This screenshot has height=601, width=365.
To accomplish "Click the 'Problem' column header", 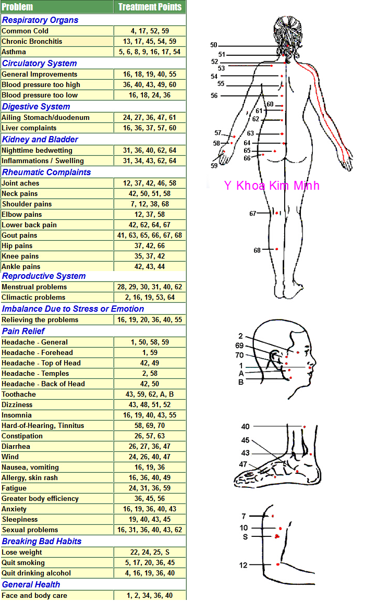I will (x=17, y=7).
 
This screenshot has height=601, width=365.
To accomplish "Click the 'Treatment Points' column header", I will (x=150, y=7).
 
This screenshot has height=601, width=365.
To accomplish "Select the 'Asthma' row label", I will (x=14, y=52).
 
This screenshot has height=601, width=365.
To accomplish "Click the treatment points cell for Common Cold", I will (x=150, y=31).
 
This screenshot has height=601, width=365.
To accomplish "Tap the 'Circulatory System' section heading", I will (x=39, y=63).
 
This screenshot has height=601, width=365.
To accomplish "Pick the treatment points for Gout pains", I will (x=150, y=235).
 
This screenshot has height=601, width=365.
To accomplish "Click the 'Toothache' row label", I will (x=19, y=394).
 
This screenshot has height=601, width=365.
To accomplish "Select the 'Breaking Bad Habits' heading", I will (x=42, y=541).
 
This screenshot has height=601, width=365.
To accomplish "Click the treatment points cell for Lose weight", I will (x=150, y=552).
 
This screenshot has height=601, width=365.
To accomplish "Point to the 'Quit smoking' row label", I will (x=23, y=562).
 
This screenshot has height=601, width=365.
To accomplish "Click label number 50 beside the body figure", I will (x=214, y=45).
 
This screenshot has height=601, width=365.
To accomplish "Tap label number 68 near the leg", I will (x=257, y=250).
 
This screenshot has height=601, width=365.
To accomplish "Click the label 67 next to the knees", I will (x=253, y=214).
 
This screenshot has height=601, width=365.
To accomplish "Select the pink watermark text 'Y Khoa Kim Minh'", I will (x=271, y=186).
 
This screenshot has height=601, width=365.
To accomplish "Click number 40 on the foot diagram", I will (x=245, y=426).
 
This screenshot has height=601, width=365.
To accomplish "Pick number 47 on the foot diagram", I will (x=243, y=464).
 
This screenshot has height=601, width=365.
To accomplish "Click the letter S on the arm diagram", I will (x=245, y=536).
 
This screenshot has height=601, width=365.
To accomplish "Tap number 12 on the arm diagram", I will (x=244, y=565).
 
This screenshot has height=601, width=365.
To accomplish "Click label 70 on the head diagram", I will (x=239, y=355).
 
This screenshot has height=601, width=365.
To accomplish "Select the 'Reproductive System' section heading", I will (x=44, y=276).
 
